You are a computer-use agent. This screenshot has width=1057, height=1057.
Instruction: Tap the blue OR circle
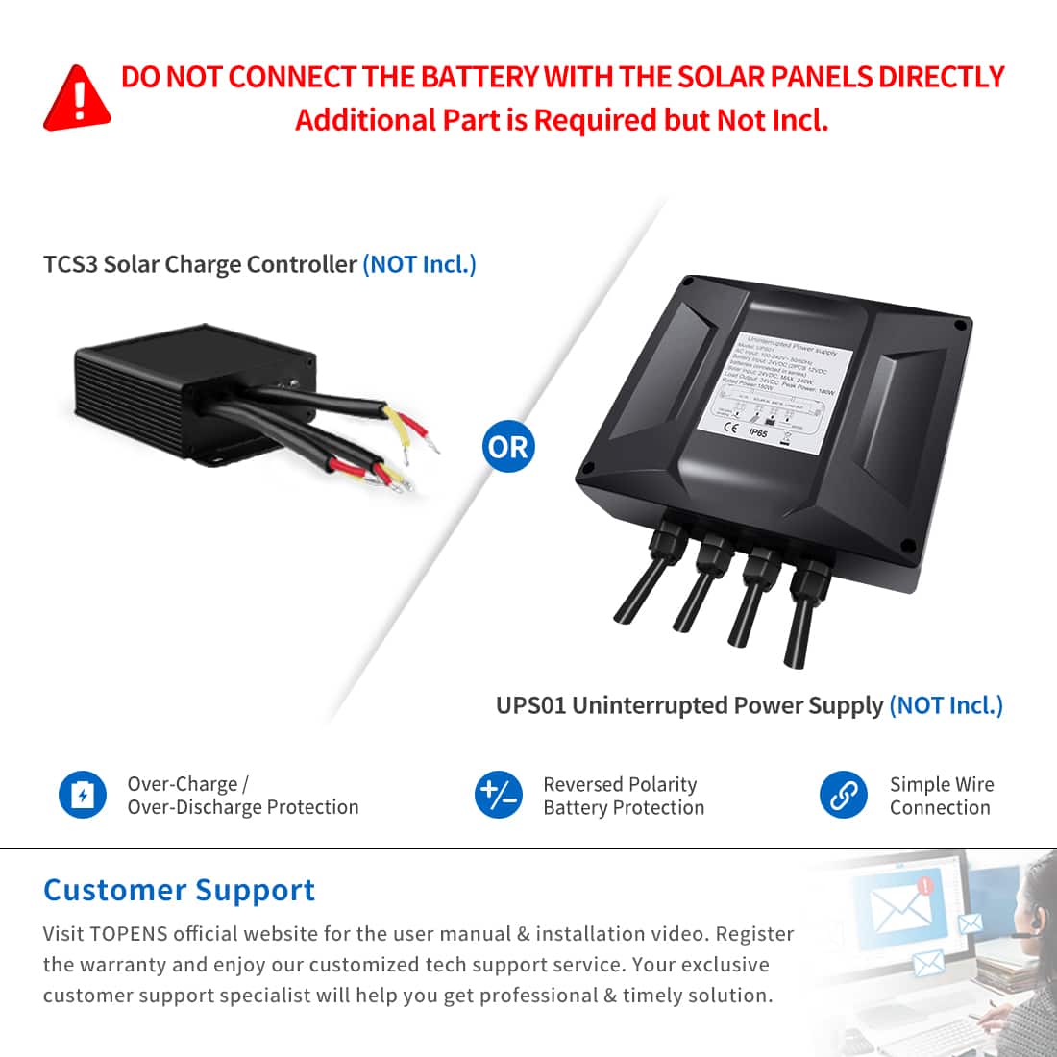[508, 447]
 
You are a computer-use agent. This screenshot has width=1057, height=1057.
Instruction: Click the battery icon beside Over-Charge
[83, 795]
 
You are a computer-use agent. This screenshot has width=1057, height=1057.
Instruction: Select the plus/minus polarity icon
[499, 796]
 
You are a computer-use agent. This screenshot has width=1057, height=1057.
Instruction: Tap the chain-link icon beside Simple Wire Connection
[843, 796]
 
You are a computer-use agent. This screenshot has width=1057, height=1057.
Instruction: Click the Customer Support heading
[179, 890]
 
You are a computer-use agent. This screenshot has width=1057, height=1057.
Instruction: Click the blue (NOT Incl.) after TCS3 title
[419, 264]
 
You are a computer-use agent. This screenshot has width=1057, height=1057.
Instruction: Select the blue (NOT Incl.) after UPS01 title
[946, 705]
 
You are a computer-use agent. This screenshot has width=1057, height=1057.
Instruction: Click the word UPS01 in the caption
[530, 705]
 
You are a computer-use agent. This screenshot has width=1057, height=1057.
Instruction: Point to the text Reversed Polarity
[620, 784]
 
